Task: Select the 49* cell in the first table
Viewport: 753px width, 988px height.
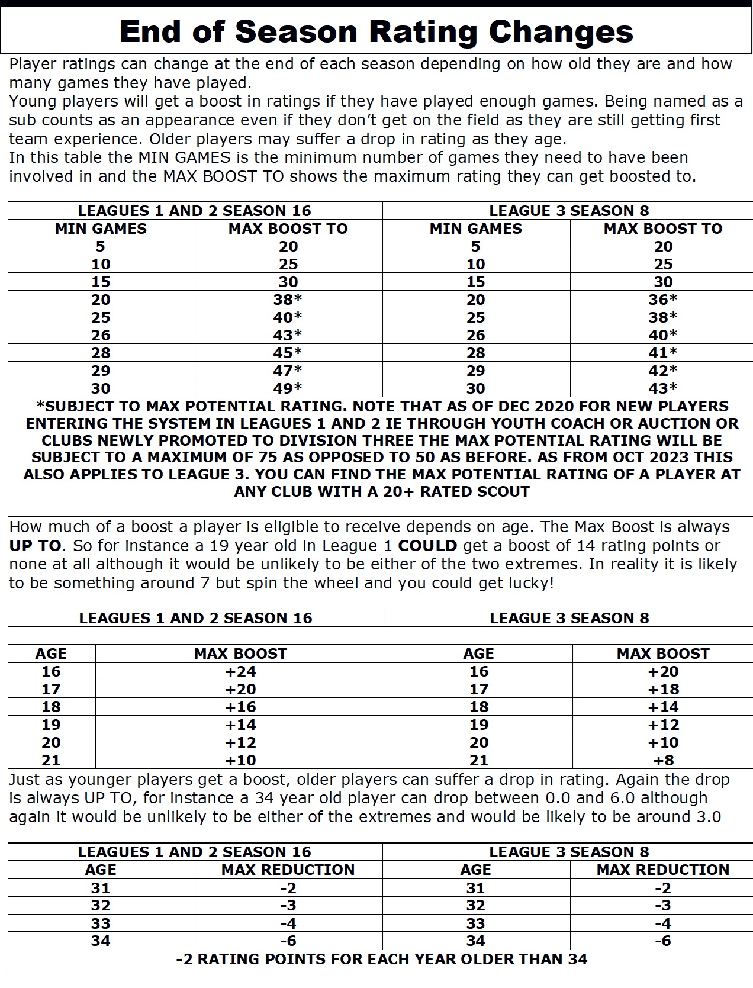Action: (288, 388)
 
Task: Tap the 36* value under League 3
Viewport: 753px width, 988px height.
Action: (662, 300)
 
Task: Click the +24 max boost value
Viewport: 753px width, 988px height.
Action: (240, 671)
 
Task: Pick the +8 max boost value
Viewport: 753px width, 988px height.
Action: (662, 760)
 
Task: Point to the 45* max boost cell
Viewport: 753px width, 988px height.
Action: (288, 353)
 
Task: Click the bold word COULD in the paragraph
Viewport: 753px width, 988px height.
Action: (427, 546)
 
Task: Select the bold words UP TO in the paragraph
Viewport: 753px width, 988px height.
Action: (35, 546)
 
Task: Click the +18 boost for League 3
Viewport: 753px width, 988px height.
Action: (662, 689)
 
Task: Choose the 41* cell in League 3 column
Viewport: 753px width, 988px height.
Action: (662, 353)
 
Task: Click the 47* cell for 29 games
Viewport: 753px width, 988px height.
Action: (288, 371)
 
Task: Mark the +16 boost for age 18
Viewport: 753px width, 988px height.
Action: (240, 707)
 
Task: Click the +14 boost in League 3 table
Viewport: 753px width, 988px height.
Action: (662, 707)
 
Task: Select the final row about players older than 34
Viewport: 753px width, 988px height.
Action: (382, 959)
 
